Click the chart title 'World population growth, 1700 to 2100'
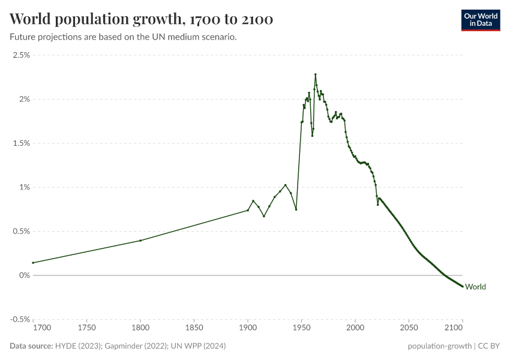pos(142,19)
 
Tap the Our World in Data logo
pos(480,20)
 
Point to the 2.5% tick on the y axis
pos(22,55)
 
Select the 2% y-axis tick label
pos(24,99)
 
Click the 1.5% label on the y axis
pos(22,143)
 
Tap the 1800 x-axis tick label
pos(140,328)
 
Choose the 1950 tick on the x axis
pos(302,328)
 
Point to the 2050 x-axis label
pos(409,328)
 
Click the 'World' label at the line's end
pos(475,287)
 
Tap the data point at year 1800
pos(140,241)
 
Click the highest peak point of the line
pos(315,74)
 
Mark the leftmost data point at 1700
pos(33,263)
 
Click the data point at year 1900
pos(248,210)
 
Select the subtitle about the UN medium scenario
pos(123,37)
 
